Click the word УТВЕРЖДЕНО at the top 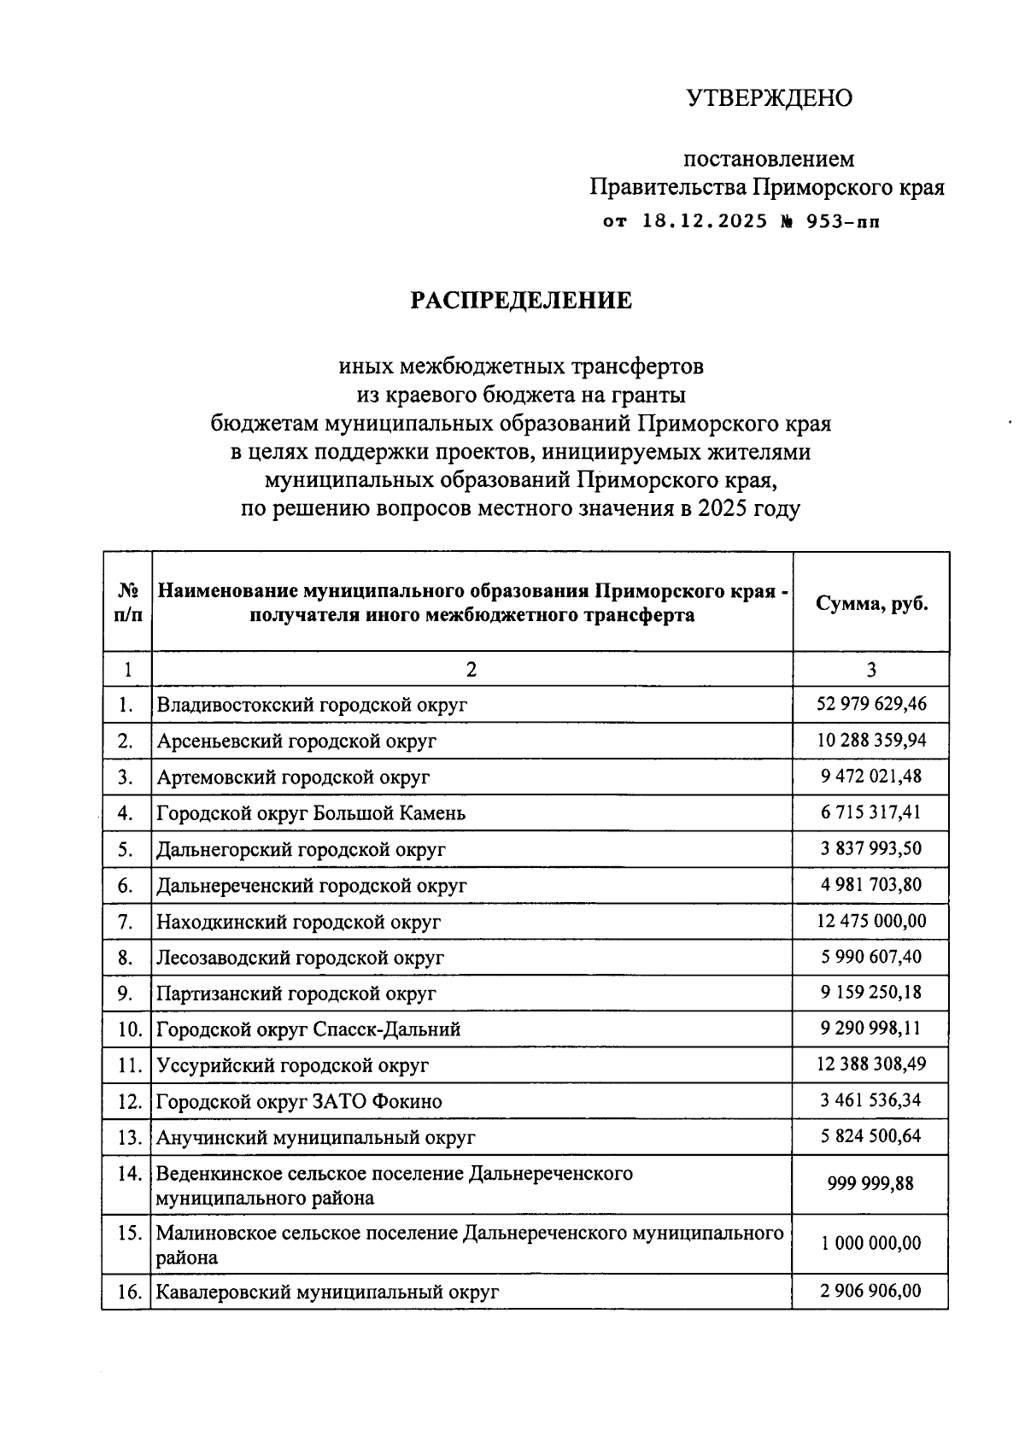(769, 99)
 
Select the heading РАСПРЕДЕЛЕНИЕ (521, 301)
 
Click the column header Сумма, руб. (871, 603)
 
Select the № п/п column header (127, 603)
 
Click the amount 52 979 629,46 (871, 704)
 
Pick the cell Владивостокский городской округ (312, 706)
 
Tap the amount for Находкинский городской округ (871, 921)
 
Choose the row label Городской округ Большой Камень (311, 813)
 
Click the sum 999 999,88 (871, 1184)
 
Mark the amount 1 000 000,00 (871, 1243)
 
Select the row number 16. (128, 1292)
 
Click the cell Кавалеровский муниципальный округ (327, 1293)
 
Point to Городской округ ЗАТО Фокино (299, 1102)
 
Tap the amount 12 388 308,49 (871, 1064)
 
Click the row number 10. (128, 1029)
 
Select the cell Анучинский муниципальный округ (316, 1138)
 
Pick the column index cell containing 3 (871, 670)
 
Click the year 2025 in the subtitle (724, 510)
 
